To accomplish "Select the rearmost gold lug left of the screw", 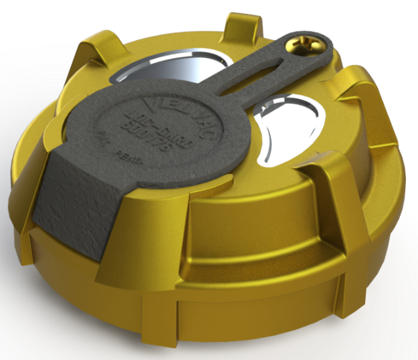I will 241,23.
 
